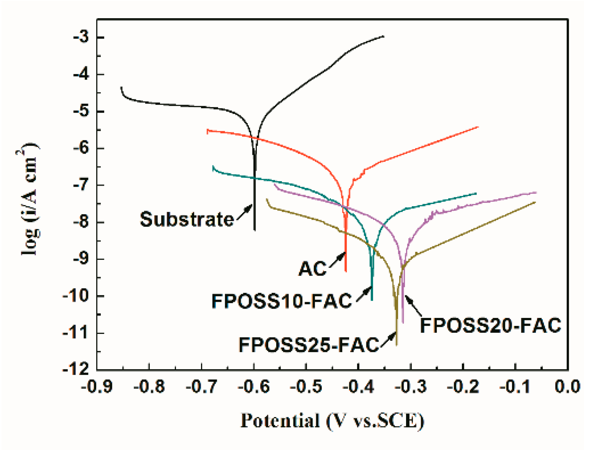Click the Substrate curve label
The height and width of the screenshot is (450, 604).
point(187,219)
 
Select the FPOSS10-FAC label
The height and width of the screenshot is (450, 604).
point(281,301)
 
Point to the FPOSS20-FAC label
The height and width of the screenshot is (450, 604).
point(490,326)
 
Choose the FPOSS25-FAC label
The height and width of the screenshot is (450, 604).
point(309,345)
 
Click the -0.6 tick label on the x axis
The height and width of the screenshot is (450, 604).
point(254,386)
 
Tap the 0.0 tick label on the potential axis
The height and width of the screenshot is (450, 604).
point(568,386)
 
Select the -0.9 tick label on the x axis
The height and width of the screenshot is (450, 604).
point(97,386)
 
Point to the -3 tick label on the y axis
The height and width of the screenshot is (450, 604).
point(81,37)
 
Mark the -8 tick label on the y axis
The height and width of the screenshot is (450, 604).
point(81,222)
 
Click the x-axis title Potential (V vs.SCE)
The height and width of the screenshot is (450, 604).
point(332,421)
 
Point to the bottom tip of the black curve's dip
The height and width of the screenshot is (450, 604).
point(255,230)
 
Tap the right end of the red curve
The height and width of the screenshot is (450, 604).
point(478,127)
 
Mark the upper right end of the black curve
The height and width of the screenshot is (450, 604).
point(384,36)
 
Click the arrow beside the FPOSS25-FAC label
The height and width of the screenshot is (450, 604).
point(389,339)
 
